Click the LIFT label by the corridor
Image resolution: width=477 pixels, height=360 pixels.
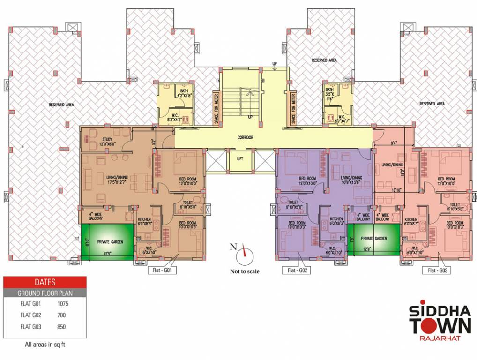tap(240, 159)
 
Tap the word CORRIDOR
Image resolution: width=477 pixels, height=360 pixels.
tap(245, 137)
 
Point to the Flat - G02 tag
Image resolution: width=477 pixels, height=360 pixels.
tap(298, 270)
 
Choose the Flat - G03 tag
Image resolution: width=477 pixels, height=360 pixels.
tap(438, 270)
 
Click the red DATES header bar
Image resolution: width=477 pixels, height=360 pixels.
tap(45, 282)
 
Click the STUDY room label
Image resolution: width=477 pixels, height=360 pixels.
tap(108, 139)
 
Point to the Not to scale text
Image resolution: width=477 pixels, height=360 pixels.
tap(245, 271)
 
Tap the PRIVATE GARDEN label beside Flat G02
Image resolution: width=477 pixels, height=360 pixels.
tap(374, 239)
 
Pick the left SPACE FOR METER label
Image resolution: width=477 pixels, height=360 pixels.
tap(216, 109)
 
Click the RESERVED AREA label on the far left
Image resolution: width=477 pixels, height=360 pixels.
tap(61, 105)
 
